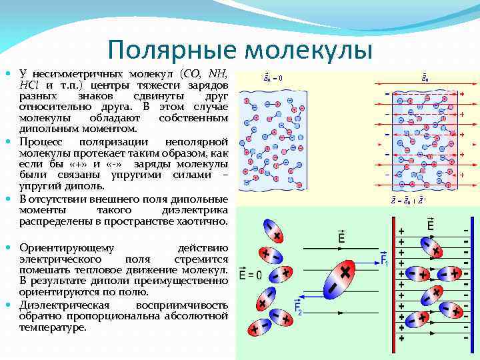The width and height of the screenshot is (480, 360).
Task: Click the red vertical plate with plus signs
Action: pos(401,283)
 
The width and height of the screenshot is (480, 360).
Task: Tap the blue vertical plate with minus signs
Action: pos(465,283)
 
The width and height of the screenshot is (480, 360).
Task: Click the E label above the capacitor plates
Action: pos(430,225)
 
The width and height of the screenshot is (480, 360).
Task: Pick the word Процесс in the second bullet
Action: pos(39,142)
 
